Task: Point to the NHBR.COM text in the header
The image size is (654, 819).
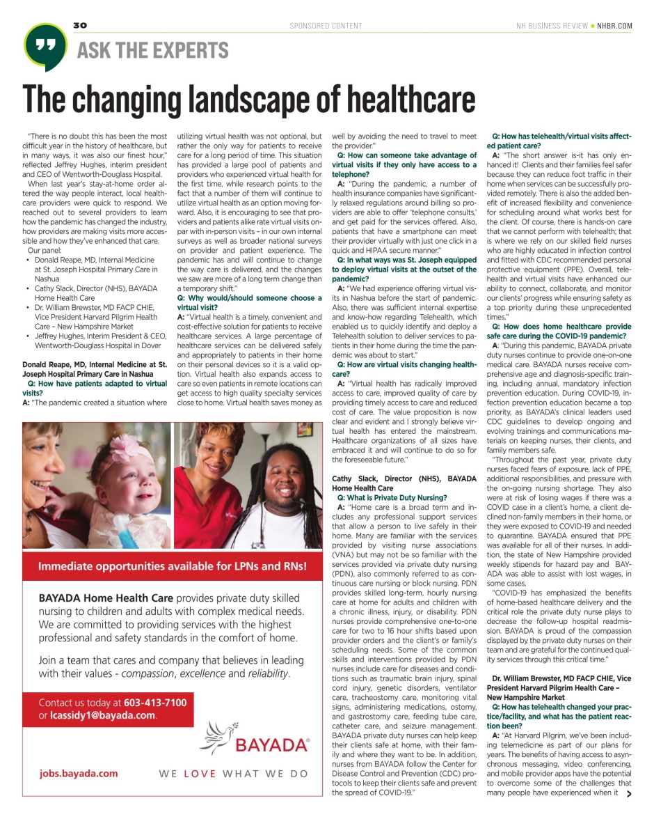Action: point(615,26)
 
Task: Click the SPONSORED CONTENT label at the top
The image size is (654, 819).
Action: point(326,26)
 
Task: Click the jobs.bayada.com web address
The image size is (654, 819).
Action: point(79,773)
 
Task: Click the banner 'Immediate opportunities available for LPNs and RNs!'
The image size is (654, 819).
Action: point(172,566)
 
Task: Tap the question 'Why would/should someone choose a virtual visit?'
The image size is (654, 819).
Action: point(249,302)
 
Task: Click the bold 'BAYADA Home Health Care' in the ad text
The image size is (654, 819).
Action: point(104,598)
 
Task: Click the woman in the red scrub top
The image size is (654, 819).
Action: point(212,487)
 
